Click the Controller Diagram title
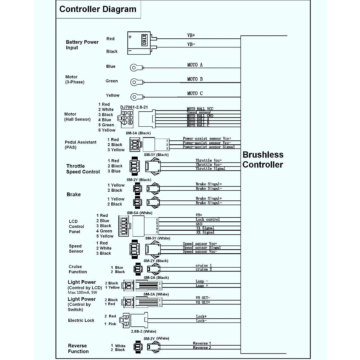point(98,9)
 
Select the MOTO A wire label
point(195,65)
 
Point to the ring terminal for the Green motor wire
point(134,82)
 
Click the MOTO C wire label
point(195,93)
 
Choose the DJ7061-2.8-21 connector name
point(134,107)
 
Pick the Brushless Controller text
point(263,160)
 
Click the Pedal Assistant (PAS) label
point(80,145)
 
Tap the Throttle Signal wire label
point(210,169)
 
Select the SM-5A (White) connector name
point(139,213)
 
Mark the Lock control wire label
point(208,220)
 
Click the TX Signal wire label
point(205,228)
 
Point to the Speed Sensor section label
point(76,248)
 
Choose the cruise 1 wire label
point(204,265)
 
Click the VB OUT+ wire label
point(203,302)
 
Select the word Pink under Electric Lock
point(112,324)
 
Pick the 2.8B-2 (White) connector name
point(143,331)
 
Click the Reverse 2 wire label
point(202,348)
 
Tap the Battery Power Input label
point(82,45)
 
